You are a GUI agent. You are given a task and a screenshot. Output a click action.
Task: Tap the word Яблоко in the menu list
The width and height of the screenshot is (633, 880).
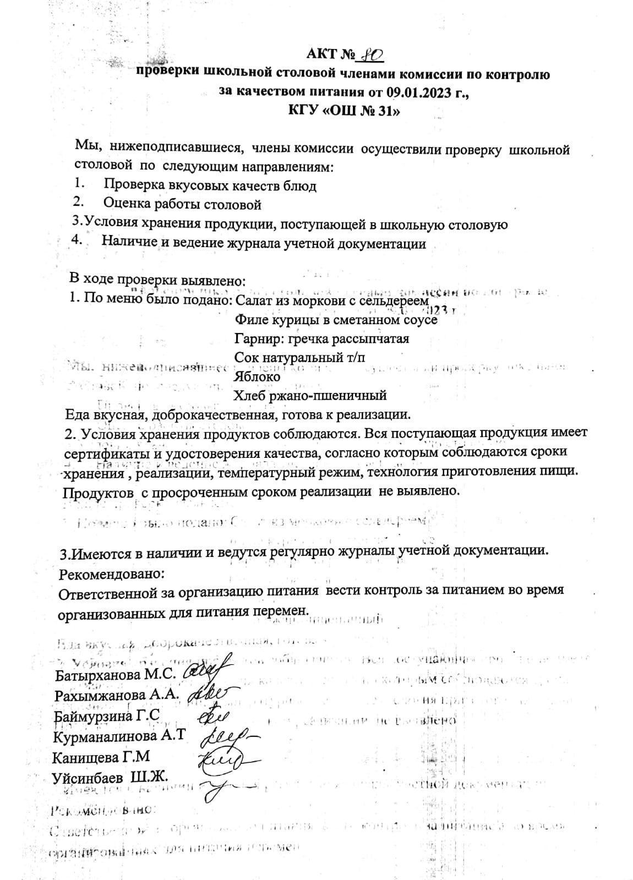point(257,377)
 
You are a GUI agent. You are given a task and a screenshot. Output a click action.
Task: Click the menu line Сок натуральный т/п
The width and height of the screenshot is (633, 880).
point(299,357)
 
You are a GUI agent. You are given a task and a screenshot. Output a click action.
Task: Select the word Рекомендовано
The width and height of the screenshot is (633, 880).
point(111,573)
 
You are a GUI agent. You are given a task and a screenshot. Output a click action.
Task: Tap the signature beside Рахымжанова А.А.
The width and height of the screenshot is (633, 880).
point(212,693)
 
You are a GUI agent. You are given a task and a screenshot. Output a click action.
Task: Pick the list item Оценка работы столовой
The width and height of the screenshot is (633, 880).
point(182,205)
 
